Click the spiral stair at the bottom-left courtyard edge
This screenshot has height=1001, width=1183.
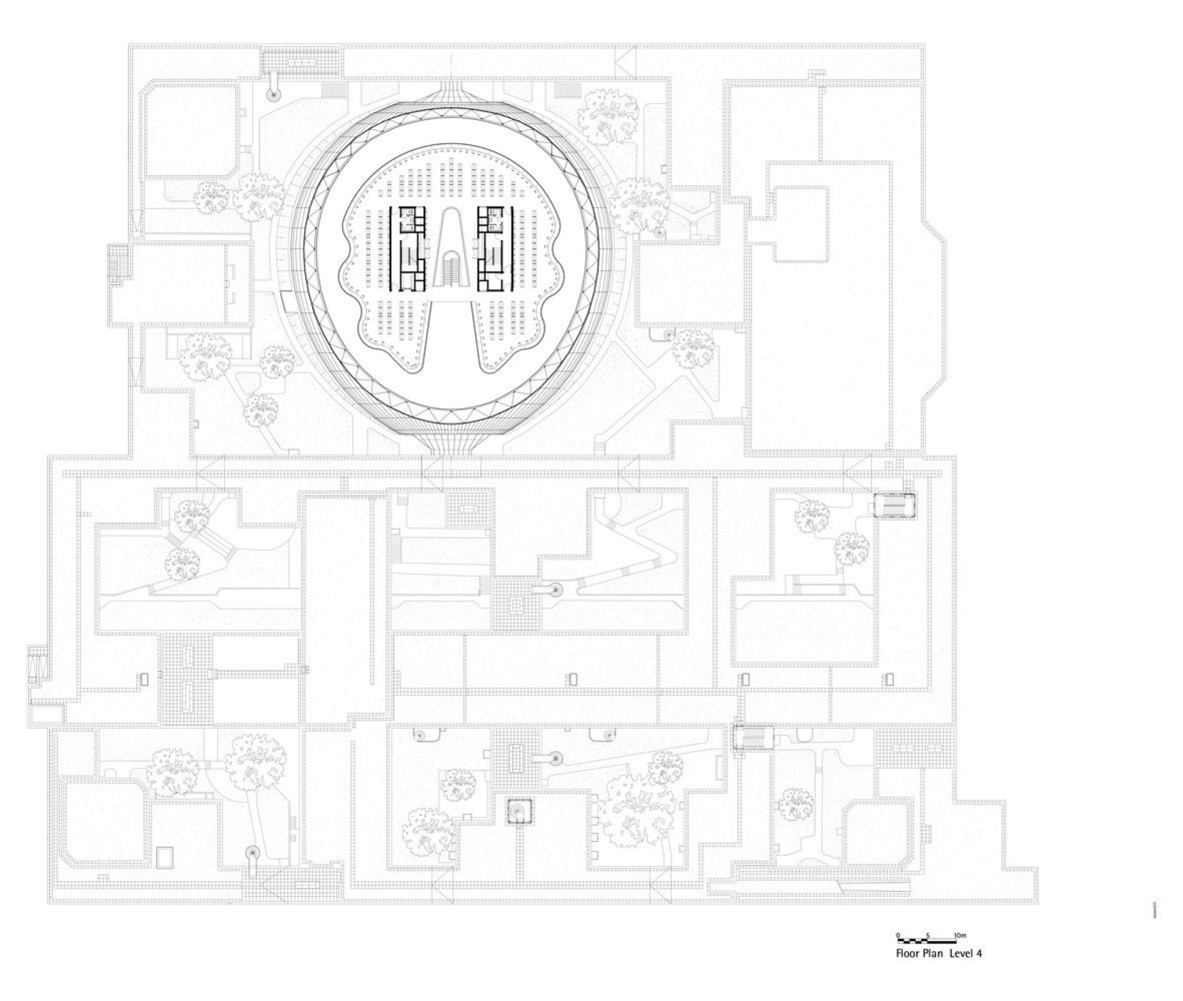[251, 853]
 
